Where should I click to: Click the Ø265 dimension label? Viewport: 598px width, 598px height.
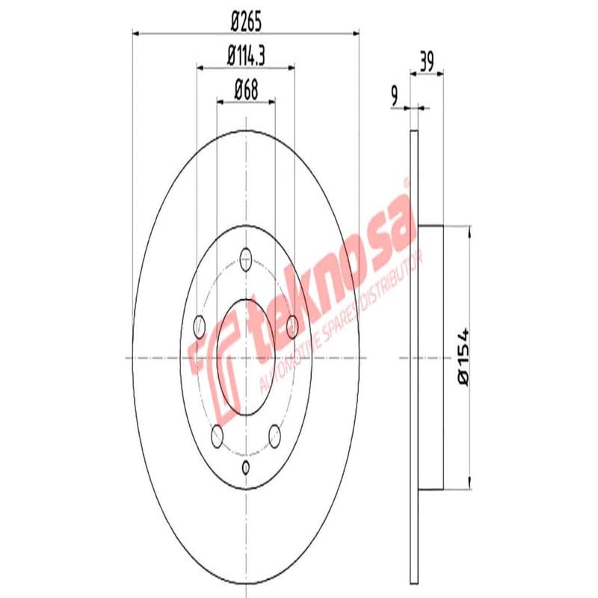pos(245,22)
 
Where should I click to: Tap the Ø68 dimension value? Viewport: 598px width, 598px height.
pos(246,88)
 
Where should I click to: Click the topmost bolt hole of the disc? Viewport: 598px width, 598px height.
pos(245,260)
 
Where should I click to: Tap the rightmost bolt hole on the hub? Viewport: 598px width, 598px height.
pos(292,325)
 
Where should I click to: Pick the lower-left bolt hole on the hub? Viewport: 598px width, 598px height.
pos(218,437)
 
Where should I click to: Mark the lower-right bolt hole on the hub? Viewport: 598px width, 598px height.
pos(274,437)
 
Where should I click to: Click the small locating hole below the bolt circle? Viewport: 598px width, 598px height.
pos(246,468)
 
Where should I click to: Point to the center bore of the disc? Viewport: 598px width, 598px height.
pos(246,358)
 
